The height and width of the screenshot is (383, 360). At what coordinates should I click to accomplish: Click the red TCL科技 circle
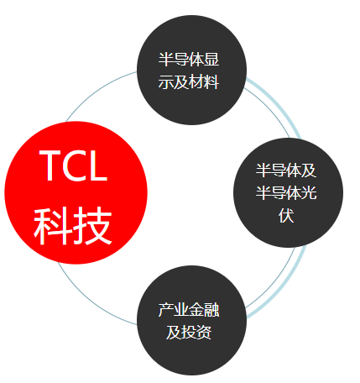click(x=76, y=192)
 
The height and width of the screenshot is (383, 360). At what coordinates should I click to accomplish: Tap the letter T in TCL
click(x=52, y=165)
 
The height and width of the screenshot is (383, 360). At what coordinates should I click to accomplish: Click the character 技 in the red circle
click(x=92, y=226)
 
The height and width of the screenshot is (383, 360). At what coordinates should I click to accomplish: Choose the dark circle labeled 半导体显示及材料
click(x=191, y=70)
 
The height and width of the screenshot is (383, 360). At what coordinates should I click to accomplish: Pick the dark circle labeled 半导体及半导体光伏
click(x=288, y=192)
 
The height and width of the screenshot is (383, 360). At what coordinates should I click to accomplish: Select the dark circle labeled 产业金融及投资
click(x=191, y=320)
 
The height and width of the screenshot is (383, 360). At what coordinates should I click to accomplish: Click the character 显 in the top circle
click(x=211, y=59)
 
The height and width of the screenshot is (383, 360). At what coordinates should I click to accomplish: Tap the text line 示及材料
click(x=189, y=82)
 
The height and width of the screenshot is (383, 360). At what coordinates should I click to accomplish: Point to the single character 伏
click(x=286, y=216)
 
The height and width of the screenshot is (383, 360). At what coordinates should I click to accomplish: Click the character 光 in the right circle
click(x=309, y=192)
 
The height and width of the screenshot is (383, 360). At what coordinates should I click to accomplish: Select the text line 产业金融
click(x=189, y=309)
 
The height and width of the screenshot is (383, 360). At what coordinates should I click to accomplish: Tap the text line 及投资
click(x=189, y=333)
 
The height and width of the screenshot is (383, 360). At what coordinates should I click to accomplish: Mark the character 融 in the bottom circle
click(x=211, y=309)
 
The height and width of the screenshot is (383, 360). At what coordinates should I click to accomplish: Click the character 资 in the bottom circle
click(x=204, y=333)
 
